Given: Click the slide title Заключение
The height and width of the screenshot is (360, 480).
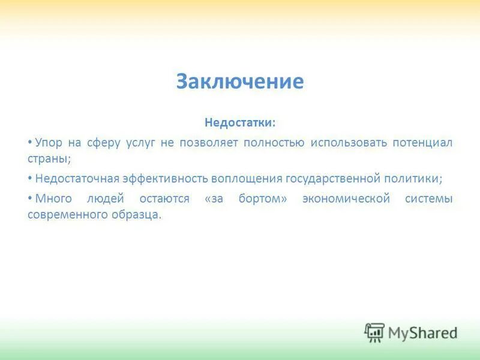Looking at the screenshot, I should [x=240, y=81].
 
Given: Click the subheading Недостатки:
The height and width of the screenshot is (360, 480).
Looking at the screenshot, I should [x=240, y=122].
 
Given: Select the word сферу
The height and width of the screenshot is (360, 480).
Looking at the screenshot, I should [x=106, y=143].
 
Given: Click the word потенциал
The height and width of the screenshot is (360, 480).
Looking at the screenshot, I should [x=422, y=143].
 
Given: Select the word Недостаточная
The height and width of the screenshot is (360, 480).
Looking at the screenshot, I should [x=77, y=179].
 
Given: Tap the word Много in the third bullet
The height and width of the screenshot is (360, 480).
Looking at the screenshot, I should [x=52, y=199].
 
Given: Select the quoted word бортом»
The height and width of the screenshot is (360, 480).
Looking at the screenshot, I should [x=260, y=199].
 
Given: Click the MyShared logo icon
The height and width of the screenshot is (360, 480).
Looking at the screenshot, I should [x=374, y=332].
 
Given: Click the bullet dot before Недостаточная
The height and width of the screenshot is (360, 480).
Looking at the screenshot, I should [x=30, y=179].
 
